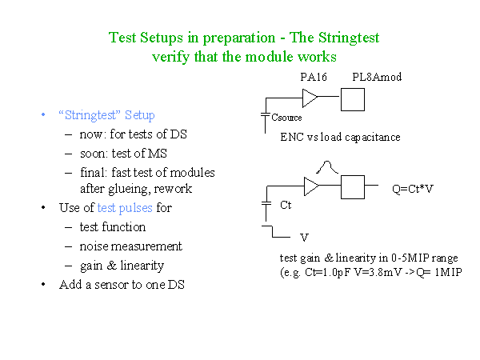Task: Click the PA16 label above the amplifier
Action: pyautogui.click(x=314, y=77)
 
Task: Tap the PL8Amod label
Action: pyautogui.click(x=377, y=77)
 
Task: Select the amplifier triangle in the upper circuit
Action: pyautogui.click(x=310, y=98)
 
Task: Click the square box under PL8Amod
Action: pyautogui.click(x=353, y=99)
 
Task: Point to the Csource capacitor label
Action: pyautogui.click(x=286, y=118)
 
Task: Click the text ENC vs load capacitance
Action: pyautogui.click(x=340, y=137)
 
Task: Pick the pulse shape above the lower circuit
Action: pyautogui.click(x=327, y=167)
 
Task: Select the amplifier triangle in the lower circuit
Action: pyautogui.click(x=312, y=186)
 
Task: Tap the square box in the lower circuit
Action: pyautogui.click(x=353, y=187)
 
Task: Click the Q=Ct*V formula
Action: pyautogui.click(x=413, y=189)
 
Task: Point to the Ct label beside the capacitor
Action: pyautogui.click(x=286, y=205)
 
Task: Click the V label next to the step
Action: pyautogui.click(x=304, y=238)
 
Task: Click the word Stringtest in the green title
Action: pyautogui.click(x=349, y=38)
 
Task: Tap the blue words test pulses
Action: pyautogui.click(x=125, y=208)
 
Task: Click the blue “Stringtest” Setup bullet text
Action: pyautogui.click(x=107, y=115)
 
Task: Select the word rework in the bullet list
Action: pyautogui.click(x=173, y=189)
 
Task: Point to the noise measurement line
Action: pyautogui.click(x=130, y=246)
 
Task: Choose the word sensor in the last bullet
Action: pyautogui.click(x=111, y=285)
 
